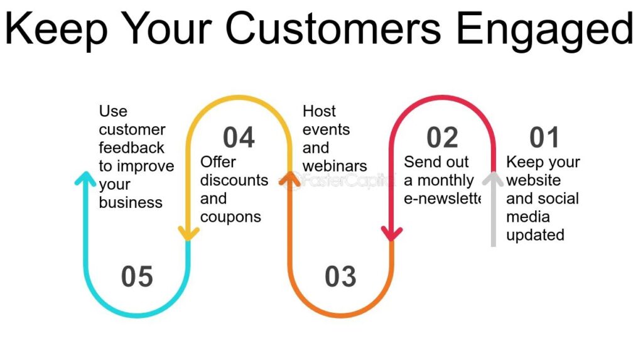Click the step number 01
(544, 138)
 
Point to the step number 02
(442, 138)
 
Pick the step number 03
(340, 276)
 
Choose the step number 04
(239, 138)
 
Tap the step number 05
(137, 276)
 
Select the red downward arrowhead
(392, 234)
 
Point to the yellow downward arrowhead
(188, 234)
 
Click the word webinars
(335, 166)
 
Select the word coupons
(230, 217)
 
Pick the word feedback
(131, 148)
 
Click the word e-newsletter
(443, 199)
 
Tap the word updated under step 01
(535, 235)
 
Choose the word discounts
(234, 180)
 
